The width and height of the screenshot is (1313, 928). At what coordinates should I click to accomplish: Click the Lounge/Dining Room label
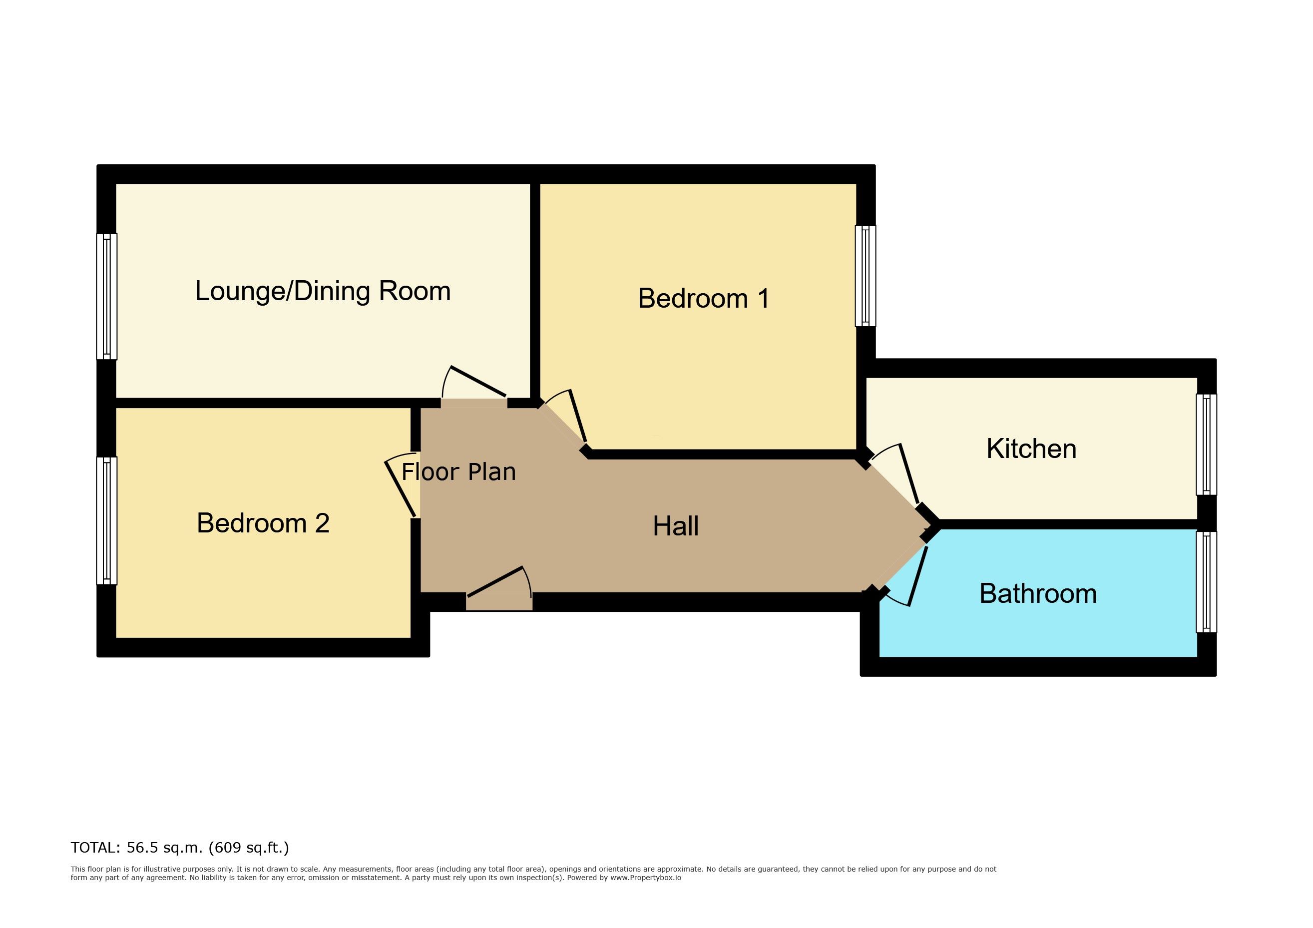[x=323, y=291]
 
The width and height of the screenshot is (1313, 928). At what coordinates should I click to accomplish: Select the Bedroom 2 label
[x=263, y=523]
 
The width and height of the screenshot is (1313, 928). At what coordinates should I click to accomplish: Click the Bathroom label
[x=1038, y=593]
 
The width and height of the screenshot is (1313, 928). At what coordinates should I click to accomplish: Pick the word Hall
[x=675, y=526]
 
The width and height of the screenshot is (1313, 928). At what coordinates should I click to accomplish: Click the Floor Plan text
[x=458, y=471]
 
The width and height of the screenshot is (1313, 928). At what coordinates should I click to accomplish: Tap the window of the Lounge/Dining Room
[x=106, y=296]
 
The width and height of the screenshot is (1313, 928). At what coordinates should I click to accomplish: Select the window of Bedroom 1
[x=865, y=276]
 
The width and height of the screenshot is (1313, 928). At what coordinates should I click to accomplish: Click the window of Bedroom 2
[x=106, y=520]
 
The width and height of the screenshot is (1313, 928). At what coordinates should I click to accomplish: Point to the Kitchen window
[x=1207, y=445]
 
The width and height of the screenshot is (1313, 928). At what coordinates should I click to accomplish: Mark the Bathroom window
[x=1207, y=582]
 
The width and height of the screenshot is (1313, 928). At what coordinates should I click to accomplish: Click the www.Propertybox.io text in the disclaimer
[x=646, y=878]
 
